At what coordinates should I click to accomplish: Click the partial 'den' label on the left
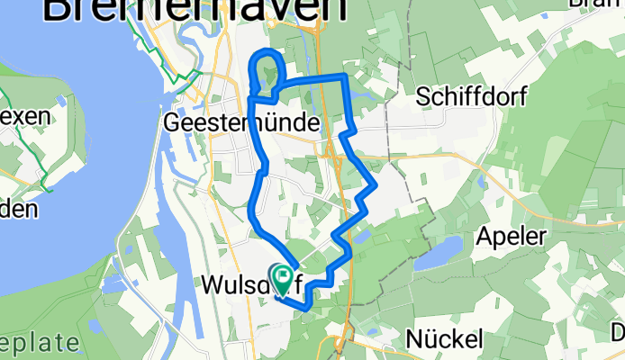[18, 209]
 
